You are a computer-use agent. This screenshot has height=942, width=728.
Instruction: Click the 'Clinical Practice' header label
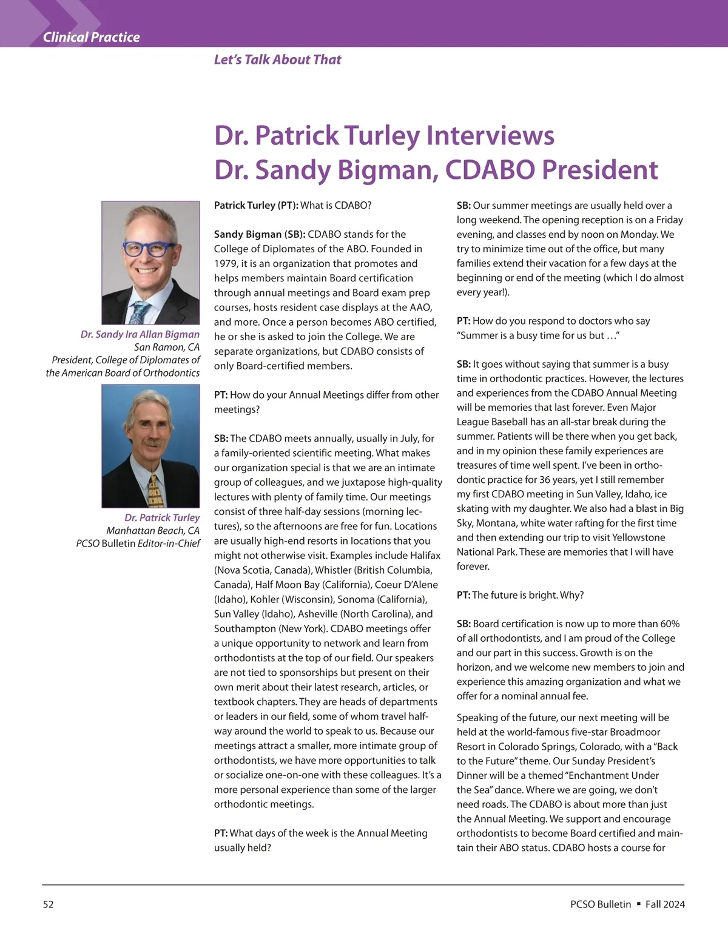coord(91,37)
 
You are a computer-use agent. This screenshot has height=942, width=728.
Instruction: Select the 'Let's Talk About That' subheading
coord(277,59)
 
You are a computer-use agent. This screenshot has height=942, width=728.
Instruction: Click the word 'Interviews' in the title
coord(490,135)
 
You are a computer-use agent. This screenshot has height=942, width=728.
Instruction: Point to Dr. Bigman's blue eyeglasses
coord(149,249)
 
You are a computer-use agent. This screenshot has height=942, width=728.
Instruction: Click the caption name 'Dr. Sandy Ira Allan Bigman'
coord(140,334)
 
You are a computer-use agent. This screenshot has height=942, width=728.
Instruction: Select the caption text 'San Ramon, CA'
coord(166,347)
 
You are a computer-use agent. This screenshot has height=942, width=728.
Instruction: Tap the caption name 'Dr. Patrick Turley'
coord(162,517)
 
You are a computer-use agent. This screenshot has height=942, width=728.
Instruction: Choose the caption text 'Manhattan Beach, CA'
coord(152,530)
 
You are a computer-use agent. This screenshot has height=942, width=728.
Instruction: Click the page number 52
coord(49,904)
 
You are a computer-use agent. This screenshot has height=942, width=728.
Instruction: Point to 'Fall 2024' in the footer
coord(665,904)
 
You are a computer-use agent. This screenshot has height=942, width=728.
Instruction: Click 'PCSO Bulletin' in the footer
coord(601,904)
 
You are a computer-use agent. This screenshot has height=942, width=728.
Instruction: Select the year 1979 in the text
coord(226,263)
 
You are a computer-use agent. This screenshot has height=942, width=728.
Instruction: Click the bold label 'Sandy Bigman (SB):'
coord(260,234)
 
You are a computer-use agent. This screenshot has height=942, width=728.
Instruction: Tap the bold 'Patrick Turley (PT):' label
coord(256,205)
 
